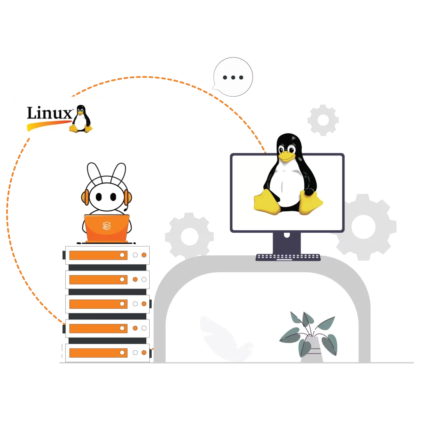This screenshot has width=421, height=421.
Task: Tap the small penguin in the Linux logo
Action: [81, 119]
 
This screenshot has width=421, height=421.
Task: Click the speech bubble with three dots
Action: [233, 77]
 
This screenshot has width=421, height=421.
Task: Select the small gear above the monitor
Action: [323, 120]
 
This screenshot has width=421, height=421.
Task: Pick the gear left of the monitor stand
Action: [189, 236]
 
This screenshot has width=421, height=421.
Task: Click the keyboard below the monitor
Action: [288, 257]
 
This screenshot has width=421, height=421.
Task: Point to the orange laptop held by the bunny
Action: [106, 227]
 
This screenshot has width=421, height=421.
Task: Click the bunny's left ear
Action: [94, 173]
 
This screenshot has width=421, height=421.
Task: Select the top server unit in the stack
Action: [107, 255]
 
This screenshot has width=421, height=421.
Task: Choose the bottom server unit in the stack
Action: [107, 353]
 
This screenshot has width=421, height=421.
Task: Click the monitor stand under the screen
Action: [287, 243]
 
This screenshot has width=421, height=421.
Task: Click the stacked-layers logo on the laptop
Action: [106, 225]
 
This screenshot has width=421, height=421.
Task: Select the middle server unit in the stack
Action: [107, 304]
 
